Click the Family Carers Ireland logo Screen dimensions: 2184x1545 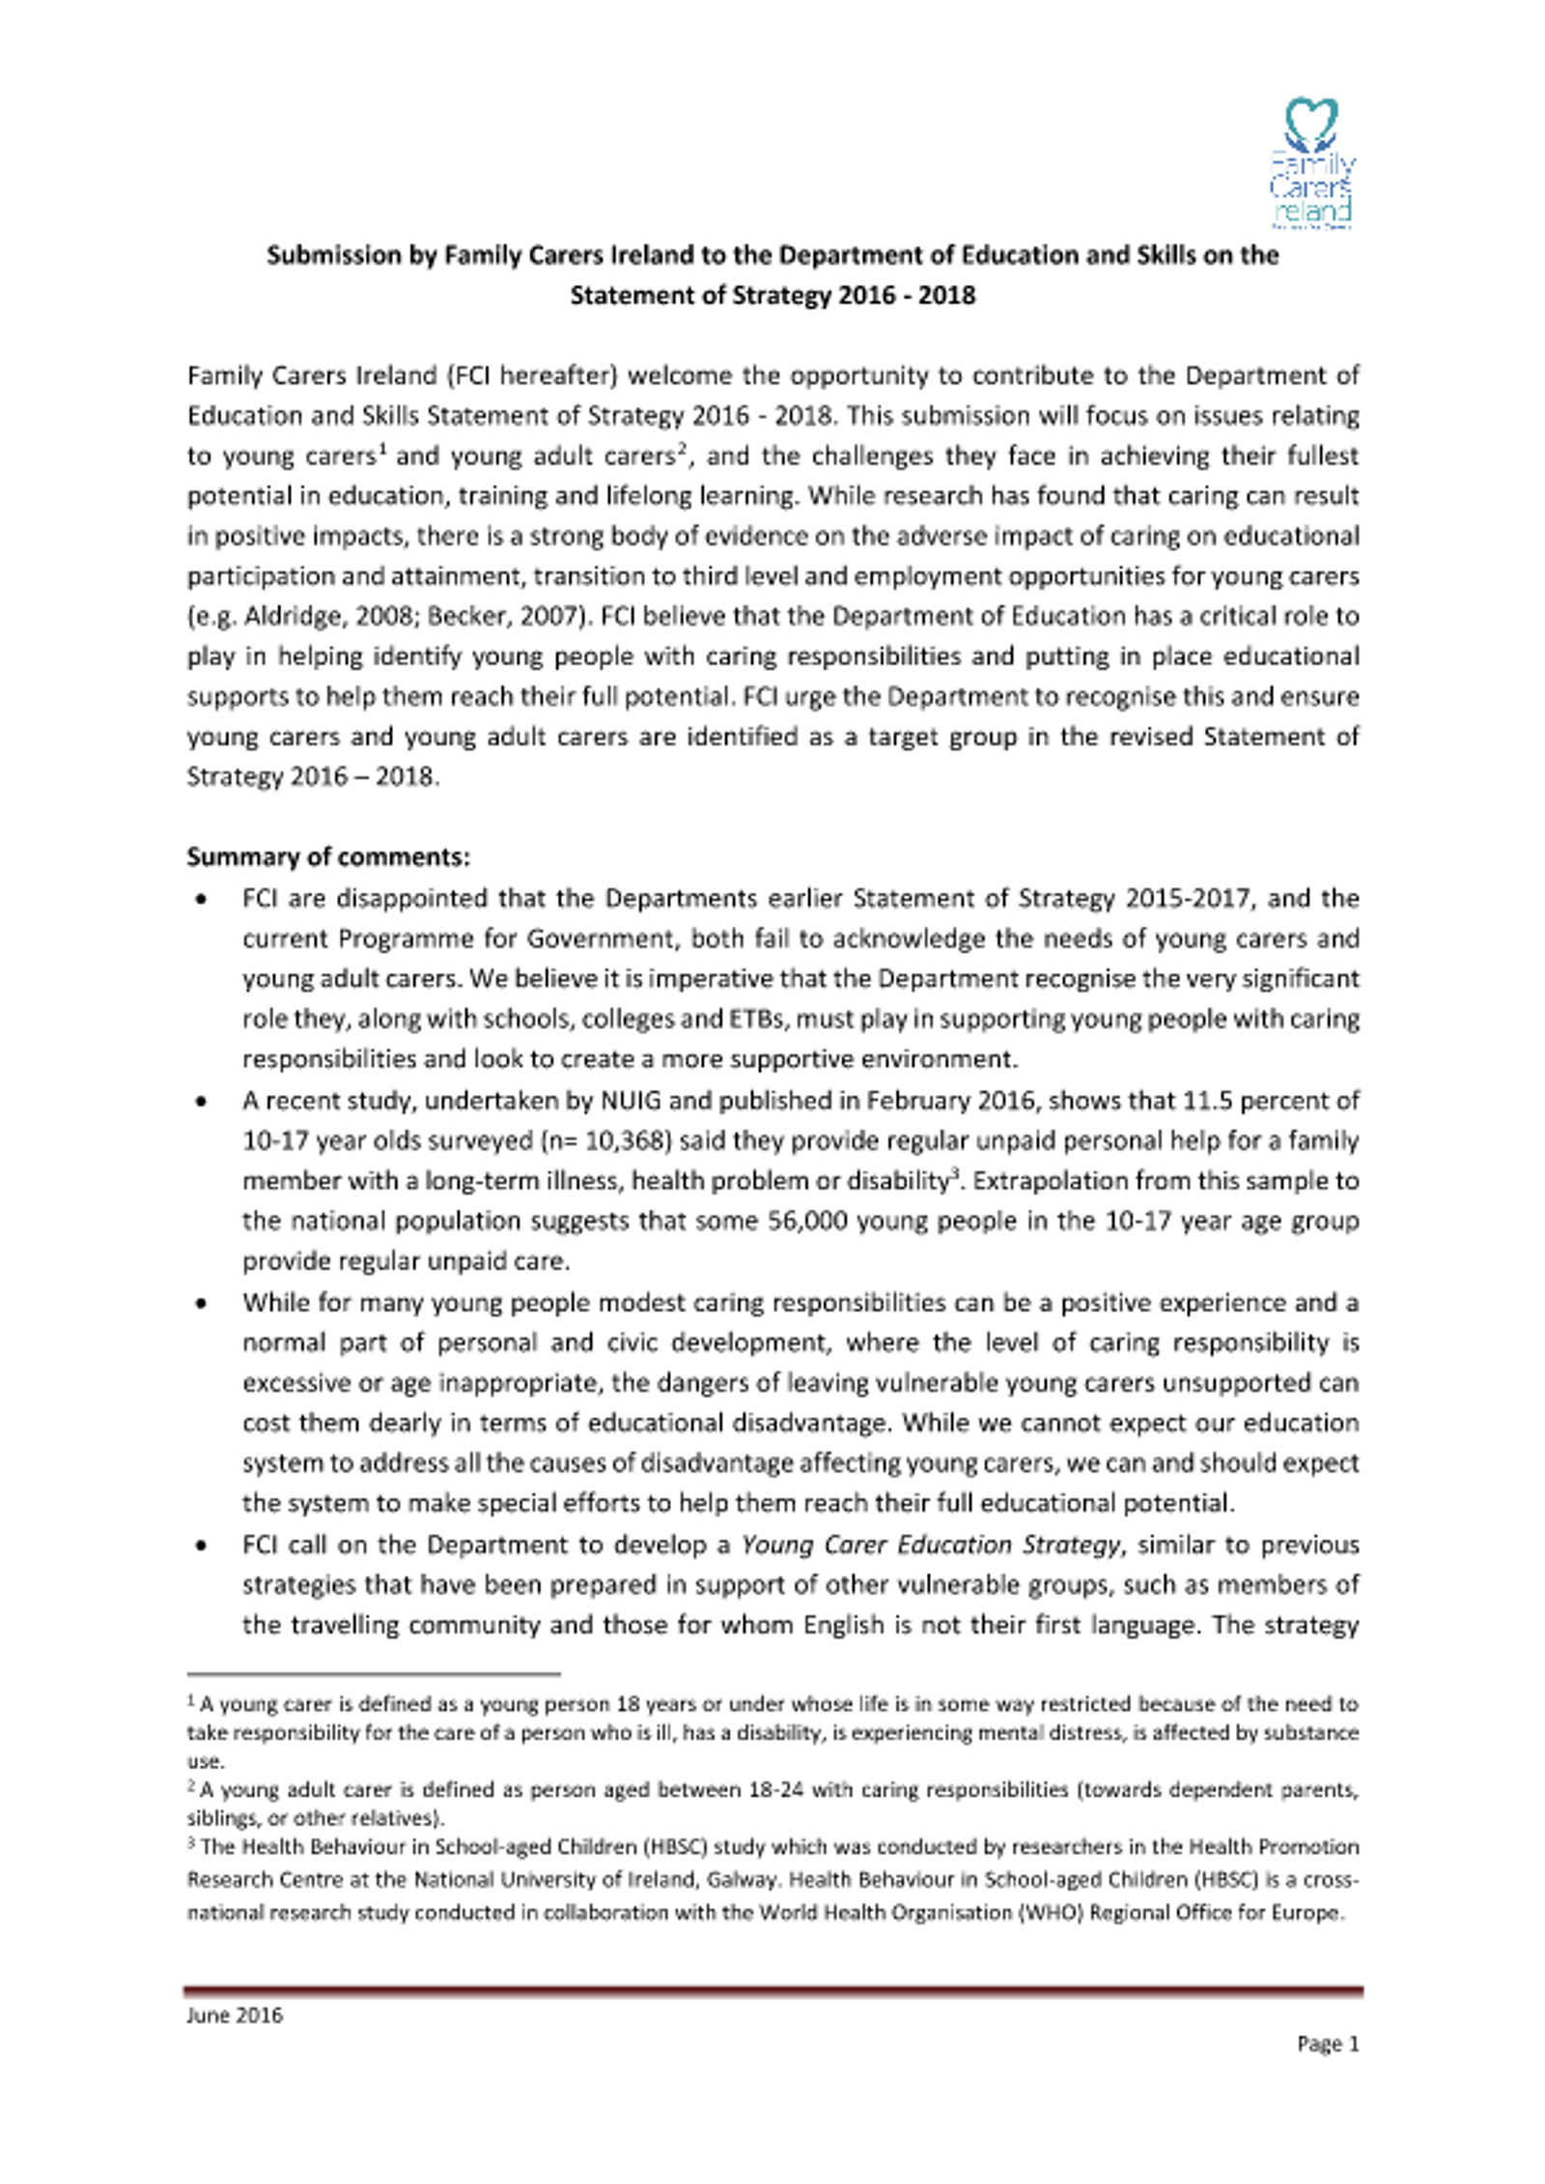1312,162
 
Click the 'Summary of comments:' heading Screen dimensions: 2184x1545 328,857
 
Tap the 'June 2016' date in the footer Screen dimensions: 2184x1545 235,2015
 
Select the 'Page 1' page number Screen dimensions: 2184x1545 1327,2044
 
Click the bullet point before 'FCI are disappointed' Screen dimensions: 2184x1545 201,900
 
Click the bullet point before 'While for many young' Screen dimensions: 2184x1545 201,1303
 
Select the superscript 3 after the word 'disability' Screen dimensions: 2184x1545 955,1174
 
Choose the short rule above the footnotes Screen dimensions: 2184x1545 373,1673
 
